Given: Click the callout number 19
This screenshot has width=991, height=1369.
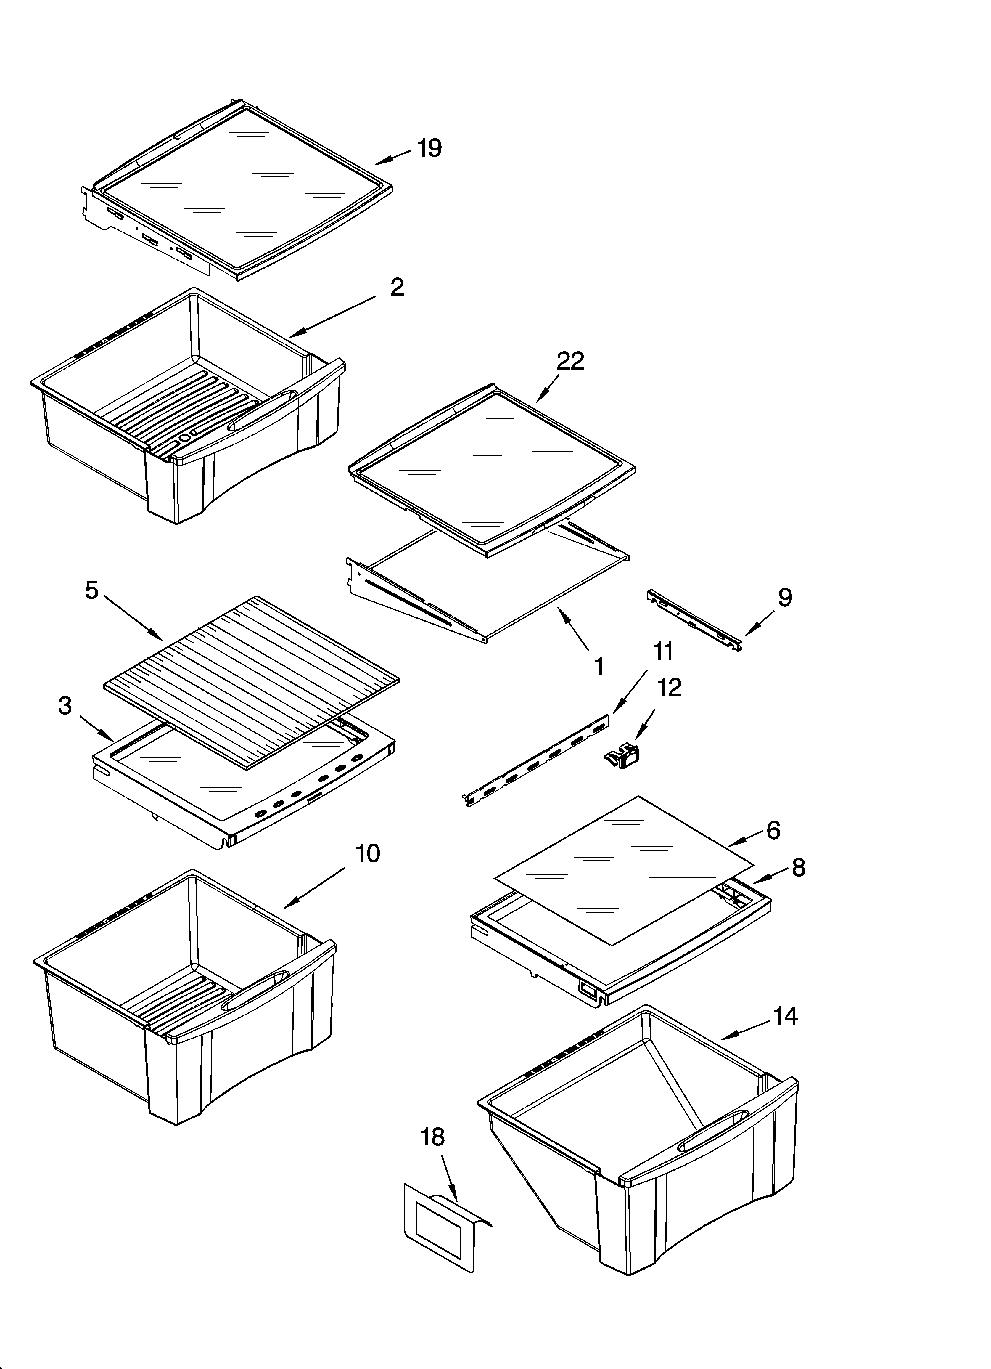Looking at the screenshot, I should pos(430,148).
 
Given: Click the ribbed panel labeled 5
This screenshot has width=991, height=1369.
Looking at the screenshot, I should pos(250,682).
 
